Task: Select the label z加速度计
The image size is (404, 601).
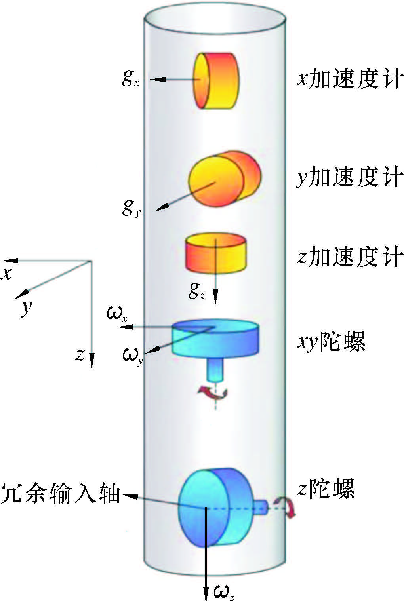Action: [x=350, y=257]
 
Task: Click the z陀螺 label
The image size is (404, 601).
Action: [x=326, y=489]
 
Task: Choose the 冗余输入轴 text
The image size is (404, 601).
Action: [x=60, y=494]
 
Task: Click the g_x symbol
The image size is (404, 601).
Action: [x=130, y=78]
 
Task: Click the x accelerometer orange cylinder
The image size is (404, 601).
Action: [x=216, y=81]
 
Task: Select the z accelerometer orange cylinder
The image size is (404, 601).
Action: [x=216, y=254]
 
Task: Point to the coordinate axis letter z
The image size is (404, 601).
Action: [x=80, y=355]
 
